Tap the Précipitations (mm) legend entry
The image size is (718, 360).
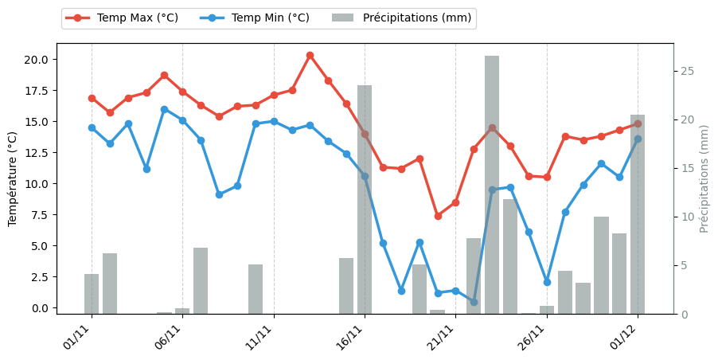pos(401,18)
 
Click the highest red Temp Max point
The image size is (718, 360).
pos(310,56)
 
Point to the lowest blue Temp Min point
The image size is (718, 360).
pos(474,302)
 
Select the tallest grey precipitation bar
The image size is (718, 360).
pos(492,185)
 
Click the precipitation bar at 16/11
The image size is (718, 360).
pos(365,199)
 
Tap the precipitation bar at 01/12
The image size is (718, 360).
pos(638,214)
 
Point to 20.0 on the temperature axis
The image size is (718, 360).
pos(40,60)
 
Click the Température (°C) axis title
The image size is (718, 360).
pos(13,178)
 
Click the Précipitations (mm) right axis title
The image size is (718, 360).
pos(704,178)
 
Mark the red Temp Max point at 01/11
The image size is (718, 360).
pos(92,98)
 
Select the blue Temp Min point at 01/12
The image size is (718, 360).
pos(638,139)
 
